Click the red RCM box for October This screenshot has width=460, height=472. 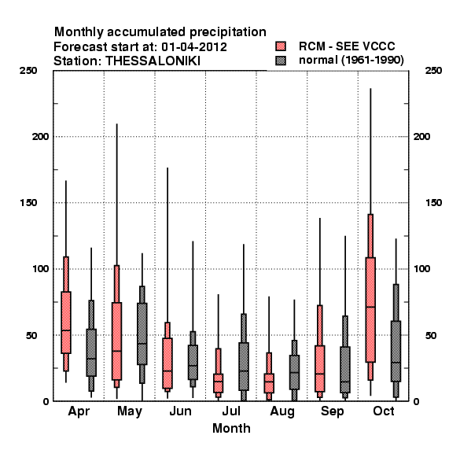pyautogui.click(x=370, y=310)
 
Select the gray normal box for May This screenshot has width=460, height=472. pyautogui.click(x=142, y=334)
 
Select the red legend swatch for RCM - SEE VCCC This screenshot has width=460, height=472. pyautogui.click(x=281, y=46)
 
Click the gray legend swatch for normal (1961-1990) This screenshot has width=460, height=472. pyautogui.click(x=281, y=61)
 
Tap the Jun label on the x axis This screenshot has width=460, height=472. pyautogui.click(x=180, y=411)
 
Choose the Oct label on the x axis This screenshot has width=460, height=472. pyautogui.click(x=384, y=411)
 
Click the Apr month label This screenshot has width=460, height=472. pyautogui.click(x=79, y=411)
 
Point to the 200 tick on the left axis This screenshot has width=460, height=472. pyautogui.click(x=40, y=136)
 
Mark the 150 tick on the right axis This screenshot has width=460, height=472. pyautogui.click(x=433, y=203)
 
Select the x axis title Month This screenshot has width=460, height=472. pyautogui.click(x=231, y=428)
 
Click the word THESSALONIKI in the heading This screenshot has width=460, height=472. pyautogui.click(x=153, y=61)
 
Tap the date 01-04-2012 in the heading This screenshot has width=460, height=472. pyautogui.click(x=194, y=46)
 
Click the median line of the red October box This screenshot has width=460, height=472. pyautogui.click(x=370, y=307)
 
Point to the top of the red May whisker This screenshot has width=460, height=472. pyautogui.click(x=116, y=124)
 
